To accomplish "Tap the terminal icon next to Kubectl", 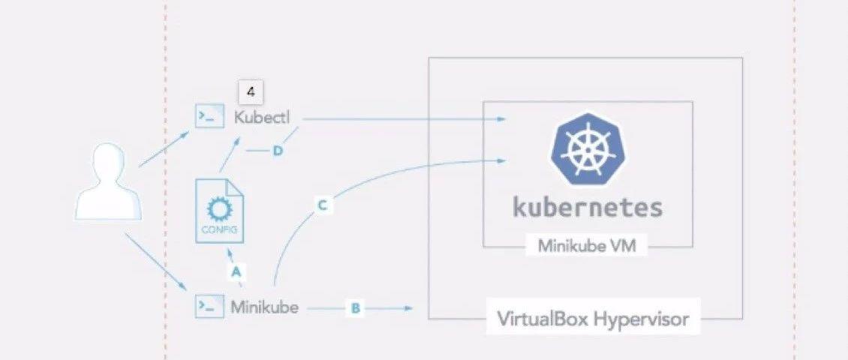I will (x=209, y=117).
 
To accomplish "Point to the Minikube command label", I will (x=264, y=306).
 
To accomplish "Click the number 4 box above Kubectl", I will (x=251, y=93).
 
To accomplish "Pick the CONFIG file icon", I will (x=219, y=211).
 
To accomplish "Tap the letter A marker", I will (x=236, y=272).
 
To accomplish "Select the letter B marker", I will (x=356, y=307).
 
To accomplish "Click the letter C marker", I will (x=322, y=205).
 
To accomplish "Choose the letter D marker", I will (x=277, y=151).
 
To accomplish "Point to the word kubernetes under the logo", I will (x=588, y=207).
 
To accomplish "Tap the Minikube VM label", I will (x=587, y=246).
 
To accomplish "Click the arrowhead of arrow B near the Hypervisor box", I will (x=410, y=307).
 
